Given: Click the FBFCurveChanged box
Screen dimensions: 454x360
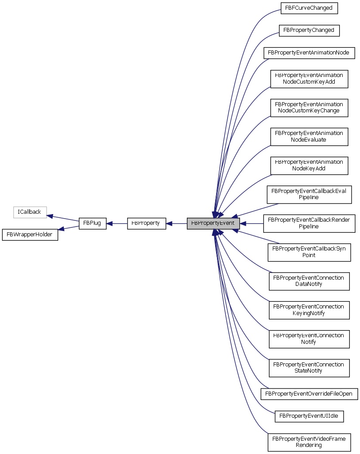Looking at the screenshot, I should [x=309, y=8].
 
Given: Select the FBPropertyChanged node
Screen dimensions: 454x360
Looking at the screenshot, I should [x=309, y=30].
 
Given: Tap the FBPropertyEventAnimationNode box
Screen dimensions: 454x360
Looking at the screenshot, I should [x=309, y=53].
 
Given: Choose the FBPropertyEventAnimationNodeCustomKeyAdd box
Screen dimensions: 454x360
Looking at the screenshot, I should [x=309, y=78].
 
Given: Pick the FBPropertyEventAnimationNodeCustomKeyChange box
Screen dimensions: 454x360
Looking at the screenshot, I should [x=309, y=108].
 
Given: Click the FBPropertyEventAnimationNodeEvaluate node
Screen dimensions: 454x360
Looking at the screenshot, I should [x=309, y=136].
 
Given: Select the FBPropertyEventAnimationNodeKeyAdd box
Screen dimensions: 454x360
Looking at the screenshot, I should [x=309, y=165].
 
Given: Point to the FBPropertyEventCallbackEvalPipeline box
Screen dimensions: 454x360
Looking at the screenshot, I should [x=309, y=194].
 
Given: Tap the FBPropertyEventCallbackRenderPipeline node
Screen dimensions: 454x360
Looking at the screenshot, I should [x=309, y=223].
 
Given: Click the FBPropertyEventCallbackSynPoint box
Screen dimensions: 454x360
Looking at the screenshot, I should [x=309, y=252].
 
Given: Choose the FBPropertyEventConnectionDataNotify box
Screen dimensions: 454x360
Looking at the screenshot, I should [x=309, y=281].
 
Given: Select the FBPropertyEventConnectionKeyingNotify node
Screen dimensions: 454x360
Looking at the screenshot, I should [x=309, y=310].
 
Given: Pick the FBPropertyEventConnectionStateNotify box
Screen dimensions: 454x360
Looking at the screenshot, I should [x=309, y=368].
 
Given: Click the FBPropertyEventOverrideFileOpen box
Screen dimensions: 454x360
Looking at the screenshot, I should [x=309, y=393].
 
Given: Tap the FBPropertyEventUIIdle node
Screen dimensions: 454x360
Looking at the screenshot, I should [x=309, y=416].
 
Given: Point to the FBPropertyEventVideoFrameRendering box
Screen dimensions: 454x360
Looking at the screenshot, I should [x=309, y=442].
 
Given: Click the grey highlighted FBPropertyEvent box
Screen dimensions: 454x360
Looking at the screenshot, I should [x=213, y=223].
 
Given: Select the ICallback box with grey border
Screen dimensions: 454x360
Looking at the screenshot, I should [x=29, y=212].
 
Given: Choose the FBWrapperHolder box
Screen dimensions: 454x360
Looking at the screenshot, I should [x=30, y=234].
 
